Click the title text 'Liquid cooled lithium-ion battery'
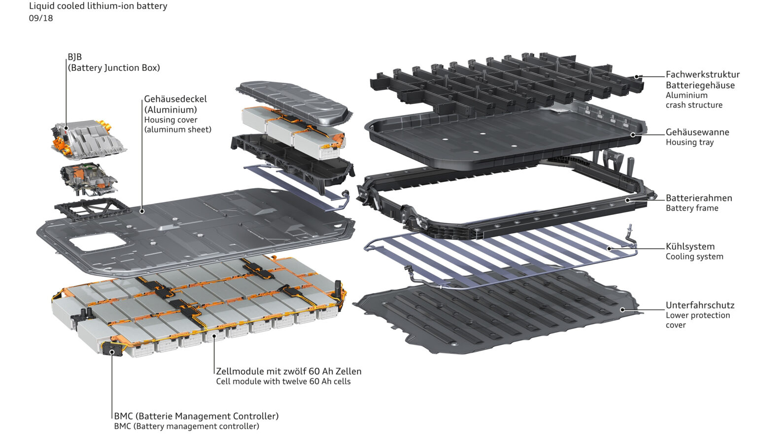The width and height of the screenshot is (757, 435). coord(98,6)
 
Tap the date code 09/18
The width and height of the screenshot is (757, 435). coord(41,18)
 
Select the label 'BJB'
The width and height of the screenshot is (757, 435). coord(75,57)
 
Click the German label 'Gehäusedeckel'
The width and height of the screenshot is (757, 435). coord(175,99)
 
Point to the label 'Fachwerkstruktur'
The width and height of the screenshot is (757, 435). coord(702,74)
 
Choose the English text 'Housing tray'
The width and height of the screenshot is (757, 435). coord(689,142)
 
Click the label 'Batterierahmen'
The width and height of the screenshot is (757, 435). coord(699,198)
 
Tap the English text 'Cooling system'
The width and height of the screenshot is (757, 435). coord(694,257)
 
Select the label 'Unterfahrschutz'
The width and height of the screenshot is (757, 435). coord(700,305)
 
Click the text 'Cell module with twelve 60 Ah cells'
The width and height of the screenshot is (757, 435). coord(283,382)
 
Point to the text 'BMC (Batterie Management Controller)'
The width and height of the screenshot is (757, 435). coord(196,416)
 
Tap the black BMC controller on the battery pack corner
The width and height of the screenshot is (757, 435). coord(112,351)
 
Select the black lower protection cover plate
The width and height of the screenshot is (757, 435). coord(493,315)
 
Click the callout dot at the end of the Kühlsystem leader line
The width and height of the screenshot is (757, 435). coord(610,248)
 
